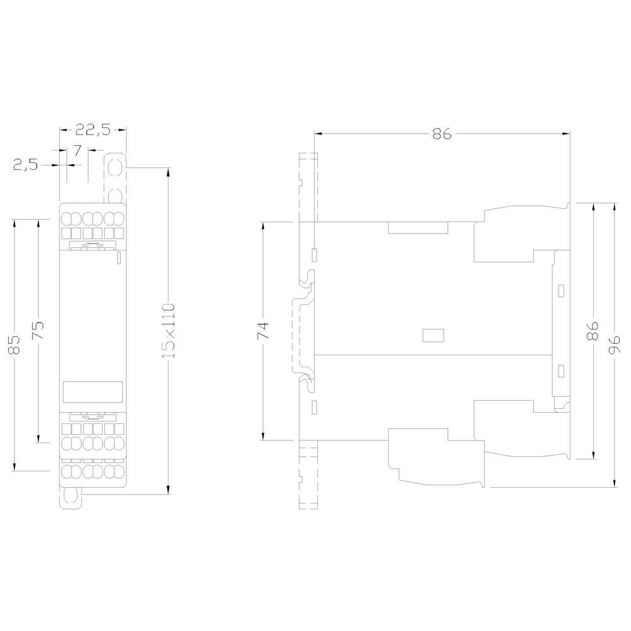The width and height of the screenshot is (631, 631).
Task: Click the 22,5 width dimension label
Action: point(93,130)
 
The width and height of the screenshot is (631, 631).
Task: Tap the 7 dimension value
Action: point(78,150)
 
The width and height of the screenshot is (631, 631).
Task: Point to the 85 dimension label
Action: point(15,345)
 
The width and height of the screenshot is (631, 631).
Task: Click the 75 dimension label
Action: point(38,330)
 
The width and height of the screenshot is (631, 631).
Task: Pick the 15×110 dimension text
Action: point(168,331)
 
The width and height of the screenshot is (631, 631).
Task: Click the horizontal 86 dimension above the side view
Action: point(442,134)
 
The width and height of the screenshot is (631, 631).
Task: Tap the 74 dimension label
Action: point(263,330)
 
